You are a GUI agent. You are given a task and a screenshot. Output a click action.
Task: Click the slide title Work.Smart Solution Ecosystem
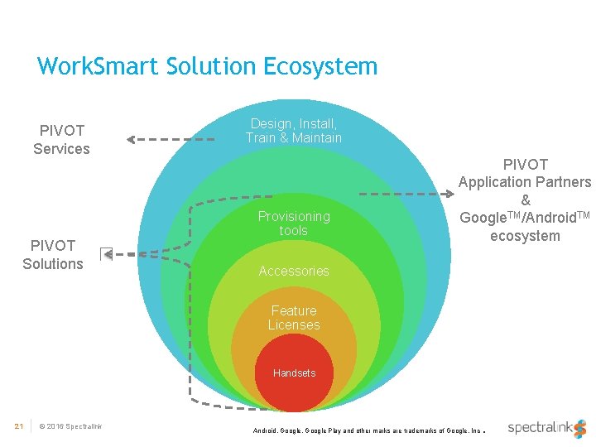tap(207, 66)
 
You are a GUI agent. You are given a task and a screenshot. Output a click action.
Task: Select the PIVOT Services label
tap(61, 140)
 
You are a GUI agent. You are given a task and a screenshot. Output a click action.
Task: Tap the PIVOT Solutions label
tap(53, 255)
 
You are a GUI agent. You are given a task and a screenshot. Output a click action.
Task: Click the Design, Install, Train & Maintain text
tap(294, 131)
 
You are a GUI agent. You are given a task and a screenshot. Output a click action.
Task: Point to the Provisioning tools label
tap(294, 223)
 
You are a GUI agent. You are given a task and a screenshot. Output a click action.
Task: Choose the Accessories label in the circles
tap(294, 272)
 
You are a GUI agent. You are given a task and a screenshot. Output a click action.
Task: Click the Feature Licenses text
tap(294, 318)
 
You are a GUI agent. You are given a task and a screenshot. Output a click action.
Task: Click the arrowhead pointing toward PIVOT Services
tap(132, 139)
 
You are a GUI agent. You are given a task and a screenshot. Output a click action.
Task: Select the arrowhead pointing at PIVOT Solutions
tap(107, 254)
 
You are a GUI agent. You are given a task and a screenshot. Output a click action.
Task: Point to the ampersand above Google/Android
tap(525, 200)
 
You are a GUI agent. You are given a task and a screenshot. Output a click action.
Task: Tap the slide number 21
tap(18, 426)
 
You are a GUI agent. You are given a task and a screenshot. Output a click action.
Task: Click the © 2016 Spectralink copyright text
tap(70, 426)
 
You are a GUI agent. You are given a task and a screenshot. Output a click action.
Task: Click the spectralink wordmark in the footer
tap(539, 428)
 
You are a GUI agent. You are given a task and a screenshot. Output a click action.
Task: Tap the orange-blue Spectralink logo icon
tap(580, 428)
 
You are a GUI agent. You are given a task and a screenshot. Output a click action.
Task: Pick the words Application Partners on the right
tap(525, 182)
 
